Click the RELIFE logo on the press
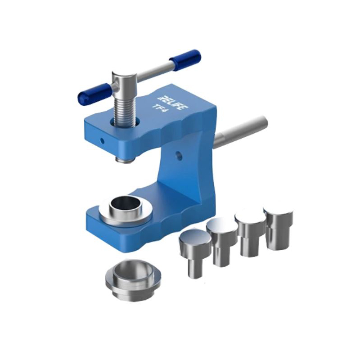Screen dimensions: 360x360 point(172,103)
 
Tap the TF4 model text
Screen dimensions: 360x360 point(161,108)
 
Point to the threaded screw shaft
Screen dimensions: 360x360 point(124,109)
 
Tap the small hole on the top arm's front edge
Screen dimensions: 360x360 point(102,140)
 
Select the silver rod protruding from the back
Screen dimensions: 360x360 point(241,132)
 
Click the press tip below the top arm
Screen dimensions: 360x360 point(124,159)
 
